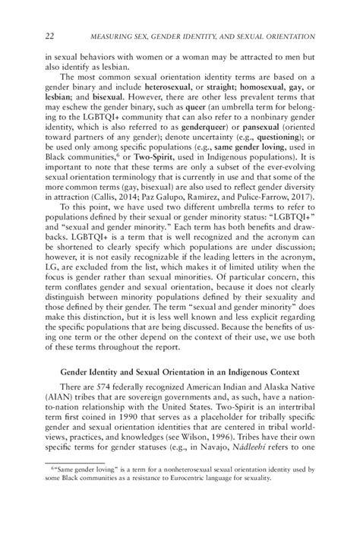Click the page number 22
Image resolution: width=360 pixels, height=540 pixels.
50,36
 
